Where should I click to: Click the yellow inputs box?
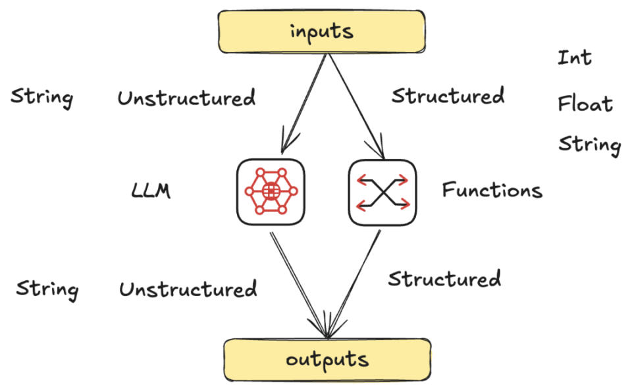pos(322,32)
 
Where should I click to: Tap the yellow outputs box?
pos(327,359)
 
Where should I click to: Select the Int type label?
pos(575,57)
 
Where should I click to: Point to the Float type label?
pos(585,104)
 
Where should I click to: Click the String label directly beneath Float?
pos(589,144)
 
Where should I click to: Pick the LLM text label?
pos(151,191)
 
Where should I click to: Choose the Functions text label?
pos(492,191)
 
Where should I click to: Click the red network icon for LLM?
pos(271,192)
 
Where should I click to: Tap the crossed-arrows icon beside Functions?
pos(382,192)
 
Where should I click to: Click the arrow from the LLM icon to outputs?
pos(296,277)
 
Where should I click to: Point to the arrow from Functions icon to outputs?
pos(355,277)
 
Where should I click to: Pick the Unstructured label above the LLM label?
pos(186,99)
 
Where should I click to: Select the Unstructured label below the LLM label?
pos(188,289)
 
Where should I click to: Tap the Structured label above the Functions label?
pos(448,96)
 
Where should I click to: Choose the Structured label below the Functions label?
pos(444,278)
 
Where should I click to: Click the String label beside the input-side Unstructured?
pos(42,98)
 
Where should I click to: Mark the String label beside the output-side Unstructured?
pos(47,289)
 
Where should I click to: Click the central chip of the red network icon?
pos(270,191)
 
